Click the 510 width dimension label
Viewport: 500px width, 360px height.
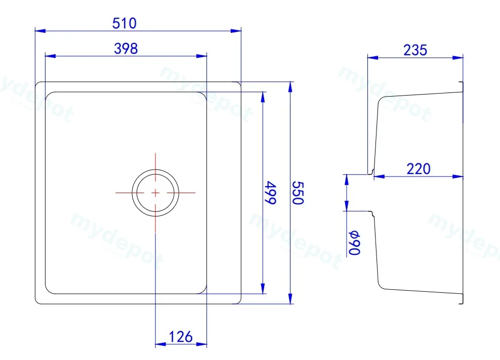point(124,23)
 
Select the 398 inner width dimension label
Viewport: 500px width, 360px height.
point(126,49)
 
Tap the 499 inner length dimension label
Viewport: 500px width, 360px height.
point(271,193)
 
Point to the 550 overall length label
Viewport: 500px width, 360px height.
point(298,193)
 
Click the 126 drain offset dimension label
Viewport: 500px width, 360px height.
point(181,337)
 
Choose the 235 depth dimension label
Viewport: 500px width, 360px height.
point(415,51)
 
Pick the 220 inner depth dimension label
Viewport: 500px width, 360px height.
point(419,169)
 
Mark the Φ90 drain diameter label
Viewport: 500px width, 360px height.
point(355,243)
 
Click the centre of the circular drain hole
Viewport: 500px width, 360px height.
point(155,193)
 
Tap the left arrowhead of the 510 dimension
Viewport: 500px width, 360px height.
point(40,31)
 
